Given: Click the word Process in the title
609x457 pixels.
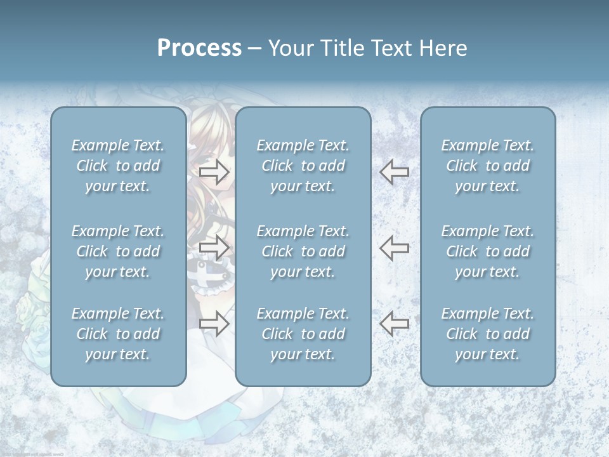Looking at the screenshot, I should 199,48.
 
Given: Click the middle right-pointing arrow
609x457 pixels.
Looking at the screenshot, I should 214,248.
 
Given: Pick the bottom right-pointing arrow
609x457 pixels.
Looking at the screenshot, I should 214,324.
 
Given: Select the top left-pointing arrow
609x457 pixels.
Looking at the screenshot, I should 395,171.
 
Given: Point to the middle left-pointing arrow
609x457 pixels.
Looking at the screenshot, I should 395,248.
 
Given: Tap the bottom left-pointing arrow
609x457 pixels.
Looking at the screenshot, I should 395,324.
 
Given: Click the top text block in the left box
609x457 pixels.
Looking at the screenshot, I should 118,166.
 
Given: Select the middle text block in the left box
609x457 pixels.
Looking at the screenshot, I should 118,251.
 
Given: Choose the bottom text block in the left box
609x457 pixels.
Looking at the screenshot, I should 118,334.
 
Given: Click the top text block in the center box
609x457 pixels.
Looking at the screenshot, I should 303,166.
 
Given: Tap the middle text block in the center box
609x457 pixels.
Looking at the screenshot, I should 303,251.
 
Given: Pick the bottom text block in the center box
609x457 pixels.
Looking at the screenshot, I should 303,334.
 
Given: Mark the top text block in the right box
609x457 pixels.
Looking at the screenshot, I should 487,166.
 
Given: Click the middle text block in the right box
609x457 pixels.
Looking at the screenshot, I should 487,251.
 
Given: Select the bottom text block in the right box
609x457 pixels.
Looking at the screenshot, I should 487,334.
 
